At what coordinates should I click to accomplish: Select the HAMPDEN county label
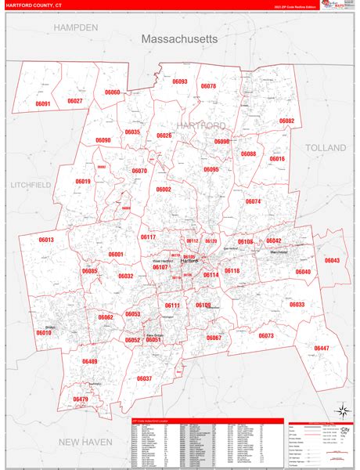point(76,27)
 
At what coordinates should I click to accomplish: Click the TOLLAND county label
point(326,147)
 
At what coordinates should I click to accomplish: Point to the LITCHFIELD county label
point(31,184)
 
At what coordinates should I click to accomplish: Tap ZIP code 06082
point(286,121)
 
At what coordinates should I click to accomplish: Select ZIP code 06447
point(321,348)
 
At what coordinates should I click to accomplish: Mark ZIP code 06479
point(81,399)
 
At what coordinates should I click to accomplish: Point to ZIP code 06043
point(333,260)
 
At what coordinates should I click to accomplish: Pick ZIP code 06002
point(163,190)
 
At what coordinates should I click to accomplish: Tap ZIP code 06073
point(265,335)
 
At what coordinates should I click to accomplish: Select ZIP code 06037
point(144,378)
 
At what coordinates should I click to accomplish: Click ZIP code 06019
point(83,182)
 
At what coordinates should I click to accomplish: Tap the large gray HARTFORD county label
point(200,125)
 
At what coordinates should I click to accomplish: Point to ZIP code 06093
point(180,81)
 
